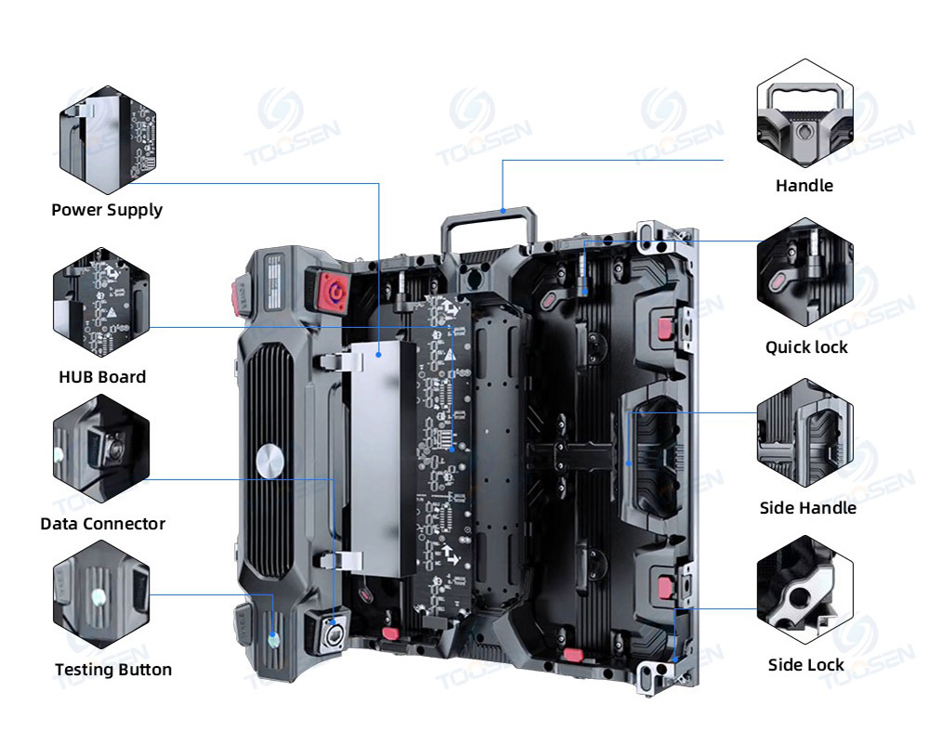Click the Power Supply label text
point(107,210)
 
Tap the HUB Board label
point(102,377)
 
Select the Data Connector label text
point(102,524)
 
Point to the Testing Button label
point(112,670)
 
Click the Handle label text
point(805,186)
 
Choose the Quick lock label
point(806,347)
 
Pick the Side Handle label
point(807,508)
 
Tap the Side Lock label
point(806,665)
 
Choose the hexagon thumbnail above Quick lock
point(805,271)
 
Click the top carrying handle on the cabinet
point(490,223)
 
